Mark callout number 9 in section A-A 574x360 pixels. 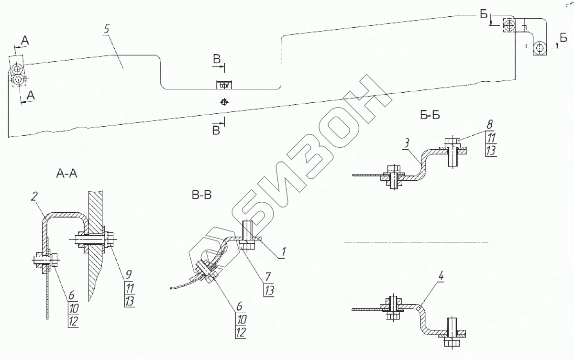coord(128,275)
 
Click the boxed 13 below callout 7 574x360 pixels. coord(269,290)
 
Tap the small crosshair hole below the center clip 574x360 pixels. coord(223,101)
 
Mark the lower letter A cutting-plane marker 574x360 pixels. coord(31,96)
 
